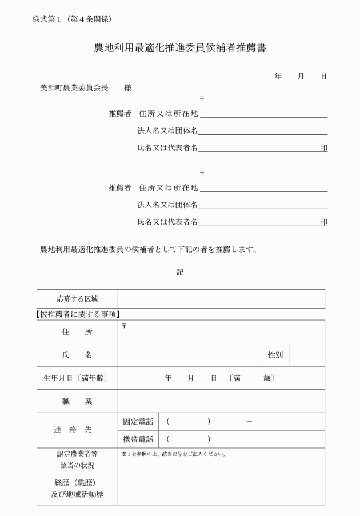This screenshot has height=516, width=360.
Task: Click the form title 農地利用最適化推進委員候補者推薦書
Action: click(x=180, y=49)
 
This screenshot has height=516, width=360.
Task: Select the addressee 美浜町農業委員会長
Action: click(x=73, y=88)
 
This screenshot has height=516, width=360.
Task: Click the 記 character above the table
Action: click(x=180, y=273)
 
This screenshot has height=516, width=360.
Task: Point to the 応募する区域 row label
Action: click(x=77, y=299)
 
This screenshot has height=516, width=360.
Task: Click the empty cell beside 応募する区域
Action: click(x=221, y=299)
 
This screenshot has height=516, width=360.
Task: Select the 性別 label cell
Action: click(x=275, y=355)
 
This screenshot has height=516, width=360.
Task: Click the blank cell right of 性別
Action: click(x=307, y=355)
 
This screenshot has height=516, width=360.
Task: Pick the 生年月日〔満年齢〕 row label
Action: click(x=77, y=378)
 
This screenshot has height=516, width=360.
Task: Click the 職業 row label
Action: click(x=77, y=401)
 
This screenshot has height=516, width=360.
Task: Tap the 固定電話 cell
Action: click(x=138, y=422)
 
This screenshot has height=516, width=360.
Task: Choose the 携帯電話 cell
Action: click(x=138, y=439)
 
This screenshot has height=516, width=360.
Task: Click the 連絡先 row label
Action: click(x=77, y=430)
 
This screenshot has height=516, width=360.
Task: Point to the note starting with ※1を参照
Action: click(x=174, y=454)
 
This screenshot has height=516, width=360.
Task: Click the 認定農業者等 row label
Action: click(x=77, y=454)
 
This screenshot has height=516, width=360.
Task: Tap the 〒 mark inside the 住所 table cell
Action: click(x=124, y=325)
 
